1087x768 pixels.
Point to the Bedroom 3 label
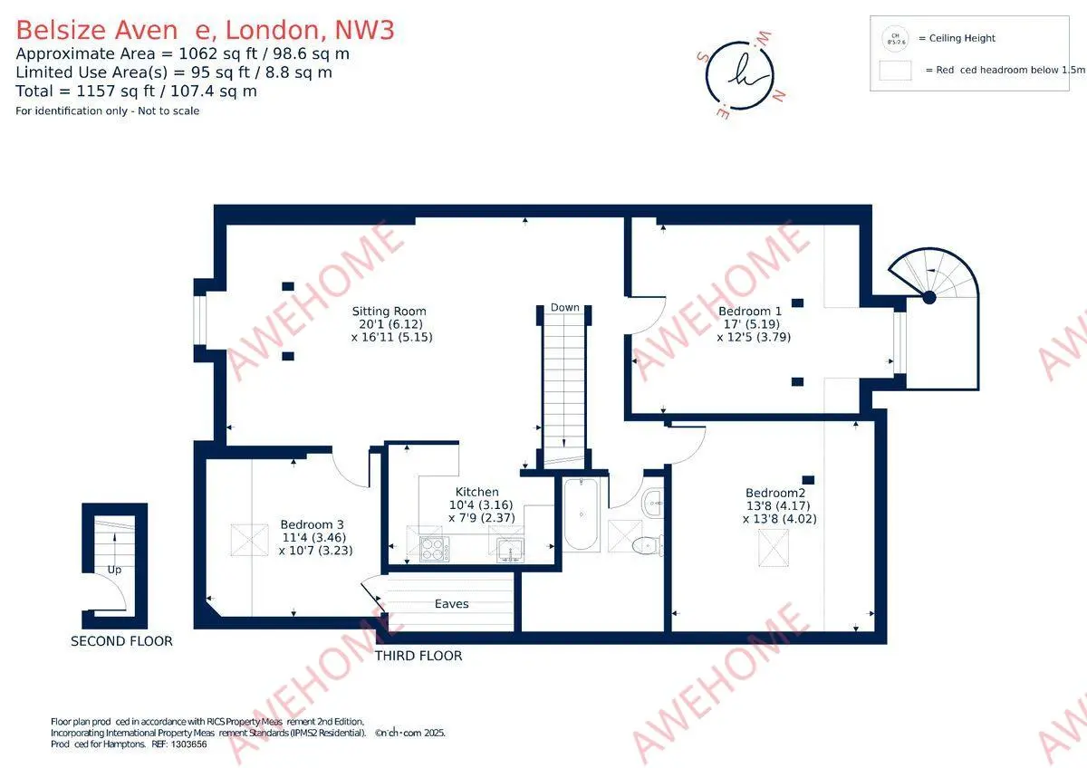point(312,524)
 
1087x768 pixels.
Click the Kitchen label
point(477,493)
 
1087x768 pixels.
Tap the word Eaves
point(451,603)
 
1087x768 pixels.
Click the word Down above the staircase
point(564,308)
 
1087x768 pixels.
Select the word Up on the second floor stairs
point(114,571)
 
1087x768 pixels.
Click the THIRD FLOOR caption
point(418,656)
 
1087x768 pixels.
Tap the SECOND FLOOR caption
point(121,641)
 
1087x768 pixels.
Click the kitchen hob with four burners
point(434,548)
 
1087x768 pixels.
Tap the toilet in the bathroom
point(646,544)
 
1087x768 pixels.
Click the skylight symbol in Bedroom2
point(772,549)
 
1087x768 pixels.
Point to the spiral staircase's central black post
point(928,296)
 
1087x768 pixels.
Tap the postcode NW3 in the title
point(364,30)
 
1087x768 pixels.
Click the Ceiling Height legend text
point(956,38)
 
